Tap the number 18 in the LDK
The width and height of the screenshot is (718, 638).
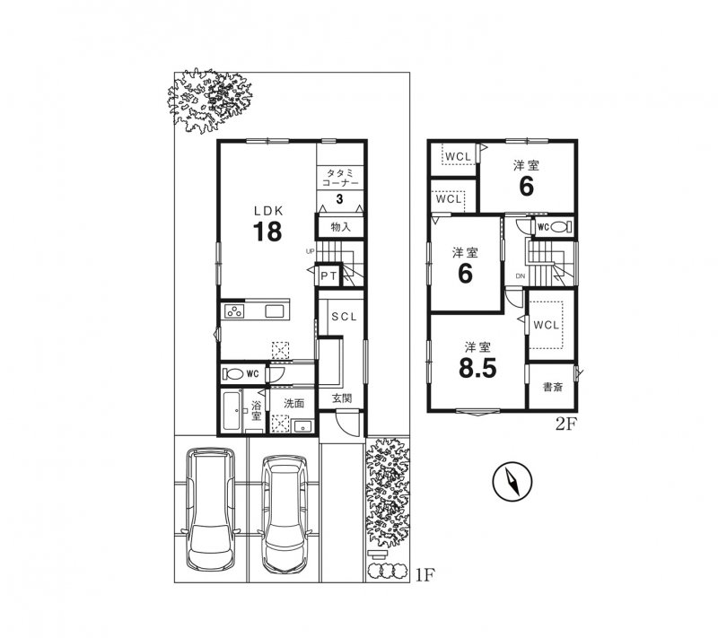267,232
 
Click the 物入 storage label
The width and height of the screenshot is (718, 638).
340,227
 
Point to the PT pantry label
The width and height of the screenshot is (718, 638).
328,275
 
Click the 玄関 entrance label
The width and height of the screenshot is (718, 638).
342,398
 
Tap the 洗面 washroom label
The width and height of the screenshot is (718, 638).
293,404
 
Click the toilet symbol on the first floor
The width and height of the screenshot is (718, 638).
232,373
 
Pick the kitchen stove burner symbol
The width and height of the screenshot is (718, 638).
236,312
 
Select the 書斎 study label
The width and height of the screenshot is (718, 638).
552,389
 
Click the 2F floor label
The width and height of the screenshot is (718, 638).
565,425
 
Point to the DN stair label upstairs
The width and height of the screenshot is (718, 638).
519,275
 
